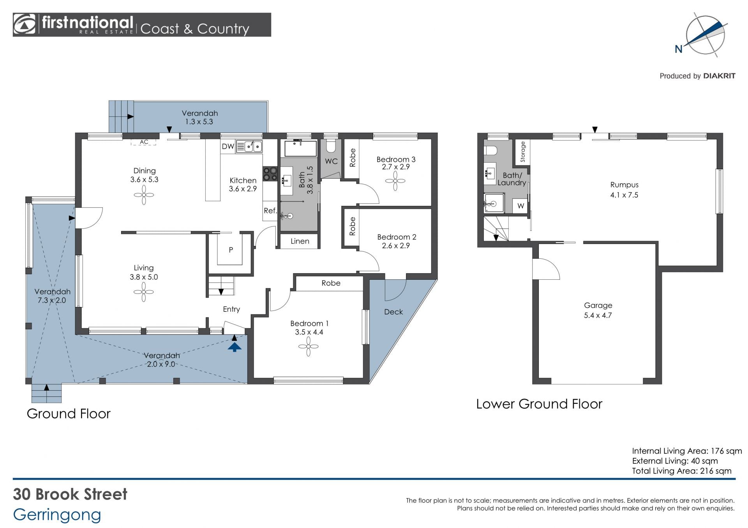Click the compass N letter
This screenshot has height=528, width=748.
[678, 49]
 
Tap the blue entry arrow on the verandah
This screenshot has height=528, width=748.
[234, 347]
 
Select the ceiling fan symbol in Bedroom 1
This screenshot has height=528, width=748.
[308, 346]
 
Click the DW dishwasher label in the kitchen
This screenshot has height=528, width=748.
[228, 147]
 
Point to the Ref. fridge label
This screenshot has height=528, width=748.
[270, 210]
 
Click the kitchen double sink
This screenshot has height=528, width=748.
[249, 146]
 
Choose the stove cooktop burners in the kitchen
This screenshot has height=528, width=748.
[270, 174]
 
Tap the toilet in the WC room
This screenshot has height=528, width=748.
[331, 146]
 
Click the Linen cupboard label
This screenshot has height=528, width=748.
[300, 241]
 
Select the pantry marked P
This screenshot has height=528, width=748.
[231, 250]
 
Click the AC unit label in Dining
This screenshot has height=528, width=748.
[144, 142]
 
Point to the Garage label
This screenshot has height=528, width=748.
[598, 305]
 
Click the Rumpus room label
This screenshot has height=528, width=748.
[624, 185]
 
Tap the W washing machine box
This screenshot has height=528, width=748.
[520, 206]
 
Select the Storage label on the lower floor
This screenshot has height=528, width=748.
[523, 152]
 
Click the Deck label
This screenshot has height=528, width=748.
[393, 312]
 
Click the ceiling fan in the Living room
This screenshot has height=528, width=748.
[144, 292]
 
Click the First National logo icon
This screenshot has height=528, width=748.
[25, 25]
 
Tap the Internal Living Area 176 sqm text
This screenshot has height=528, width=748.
[687, 451]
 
